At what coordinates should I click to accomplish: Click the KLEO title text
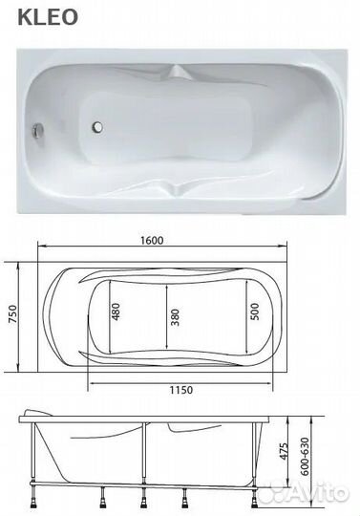coord(48,17)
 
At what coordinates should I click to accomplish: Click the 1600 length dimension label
coord(152,240)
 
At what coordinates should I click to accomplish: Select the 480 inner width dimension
coord(116,312)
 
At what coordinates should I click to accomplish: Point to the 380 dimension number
coord(176,317)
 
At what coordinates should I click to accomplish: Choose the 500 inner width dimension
coord(254,312)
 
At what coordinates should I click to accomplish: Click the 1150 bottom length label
coord(181,390)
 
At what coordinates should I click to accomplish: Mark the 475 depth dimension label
coord(284,451)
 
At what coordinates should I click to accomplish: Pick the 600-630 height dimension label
coord(306,457)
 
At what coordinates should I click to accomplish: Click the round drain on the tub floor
coord(97,127)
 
